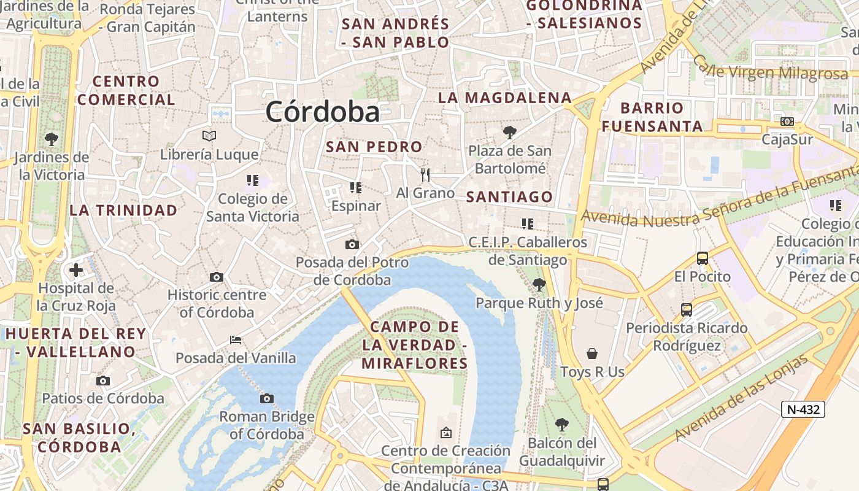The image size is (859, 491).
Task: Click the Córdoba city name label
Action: (x=323, y=112)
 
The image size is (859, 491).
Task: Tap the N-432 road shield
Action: (x=803, y=409)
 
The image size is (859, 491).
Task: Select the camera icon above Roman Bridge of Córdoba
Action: (x=266, y=399)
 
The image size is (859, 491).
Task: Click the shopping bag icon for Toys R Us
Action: (x=592, y=354)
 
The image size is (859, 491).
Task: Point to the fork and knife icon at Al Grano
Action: (x=425, y=175)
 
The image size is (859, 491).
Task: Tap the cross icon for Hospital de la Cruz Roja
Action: (x=76, y=270)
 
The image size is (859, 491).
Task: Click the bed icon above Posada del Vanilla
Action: (x=236, y=339)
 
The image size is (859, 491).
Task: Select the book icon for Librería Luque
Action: (x=209, y=136)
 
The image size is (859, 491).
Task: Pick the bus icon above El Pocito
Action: (x=703, y=258)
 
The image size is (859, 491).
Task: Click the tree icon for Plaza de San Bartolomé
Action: (x=509, y=132)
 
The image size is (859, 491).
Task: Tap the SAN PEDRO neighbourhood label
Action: (x=374, y=147)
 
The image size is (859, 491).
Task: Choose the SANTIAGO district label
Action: (x=509, y=197)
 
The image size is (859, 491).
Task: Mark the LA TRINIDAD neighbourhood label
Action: (x=123, y=211)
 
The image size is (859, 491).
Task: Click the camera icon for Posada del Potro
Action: (x=352, y=245)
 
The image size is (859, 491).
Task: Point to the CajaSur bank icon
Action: (x=787, y=122)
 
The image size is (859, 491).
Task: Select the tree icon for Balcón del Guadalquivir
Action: (x=561, y=424)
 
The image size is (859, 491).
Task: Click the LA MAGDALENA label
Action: (x=504, y=98)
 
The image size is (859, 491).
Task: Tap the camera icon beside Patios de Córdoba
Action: (x=103, y=381)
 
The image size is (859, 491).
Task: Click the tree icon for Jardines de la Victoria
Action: (x=52, y=139)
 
